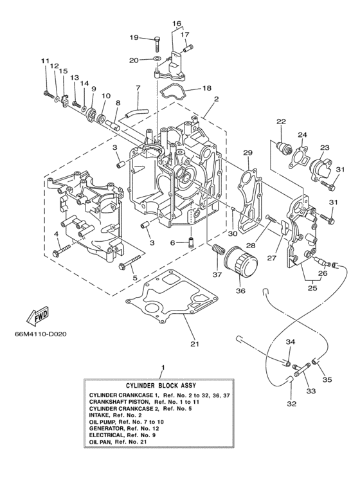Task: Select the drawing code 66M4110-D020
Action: (x=42, y=334)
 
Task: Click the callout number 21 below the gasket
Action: (x=195, y=343)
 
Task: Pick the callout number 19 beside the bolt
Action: (x=133, y=38)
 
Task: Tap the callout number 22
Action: (x=281, y=122)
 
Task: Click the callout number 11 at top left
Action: (x=46, y=61)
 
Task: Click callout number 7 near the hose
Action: (x=138, y=87)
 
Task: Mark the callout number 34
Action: (x=291, y=342)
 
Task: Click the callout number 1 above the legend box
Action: (x=162, y=367)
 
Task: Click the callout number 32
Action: (x=292, y=404)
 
